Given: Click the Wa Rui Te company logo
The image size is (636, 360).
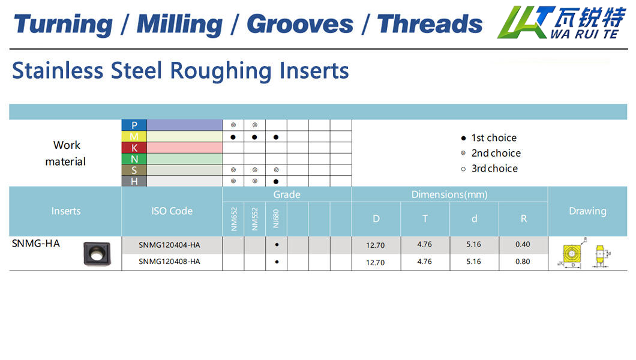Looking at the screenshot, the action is click(561, 22).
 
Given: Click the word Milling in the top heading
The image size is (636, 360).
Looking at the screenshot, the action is click(179, 25).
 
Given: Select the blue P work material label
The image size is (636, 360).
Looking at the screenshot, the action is click(134, 125).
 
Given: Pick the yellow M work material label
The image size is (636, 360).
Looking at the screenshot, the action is click(134, 137).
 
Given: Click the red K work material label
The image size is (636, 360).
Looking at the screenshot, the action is click(134, 148).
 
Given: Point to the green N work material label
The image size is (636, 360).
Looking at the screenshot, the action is click(134, 159).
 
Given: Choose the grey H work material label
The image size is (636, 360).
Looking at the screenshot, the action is click(134, 181).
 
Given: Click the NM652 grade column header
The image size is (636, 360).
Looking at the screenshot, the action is click(233, 219).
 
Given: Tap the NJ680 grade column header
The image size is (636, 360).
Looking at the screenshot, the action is click(276, 218).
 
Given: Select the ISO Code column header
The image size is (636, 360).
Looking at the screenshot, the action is click(172, 211).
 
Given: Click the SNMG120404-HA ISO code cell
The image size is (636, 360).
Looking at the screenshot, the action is click(170, 245).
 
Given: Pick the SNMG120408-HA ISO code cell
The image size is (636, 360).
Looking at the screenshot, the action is click(170, 262).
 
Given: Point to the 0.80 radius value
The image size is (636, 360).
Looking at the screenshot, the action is click(523, 262).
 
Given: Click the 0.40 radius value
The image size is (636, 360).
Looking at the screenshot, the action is click(523, 244).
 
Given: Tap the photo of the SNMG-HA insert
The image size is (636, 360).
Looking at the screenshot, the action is click(97, 254).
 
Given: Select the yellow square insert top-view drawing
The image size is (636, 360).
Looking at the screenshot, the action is click(572, 254).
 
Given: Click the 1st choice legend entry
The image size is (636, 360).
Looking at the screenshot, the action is click(489, 138).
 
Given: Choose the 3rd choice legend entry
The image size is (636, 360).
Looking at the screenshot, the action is click(490, 169).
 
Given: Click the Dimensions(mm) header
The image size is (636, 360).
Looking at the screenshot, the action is click(449, 194).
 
